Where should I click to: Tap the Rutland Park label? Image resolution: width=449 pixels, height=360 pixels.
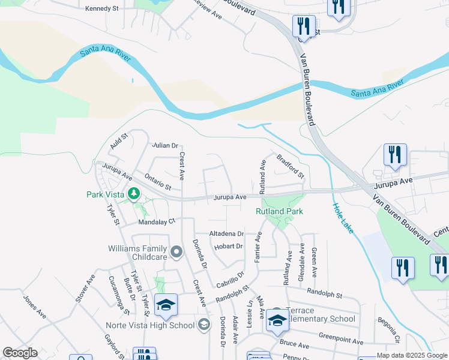[279, 211]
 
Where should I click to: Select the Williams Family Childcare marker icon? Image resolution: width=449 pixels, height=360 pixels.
[176, 252]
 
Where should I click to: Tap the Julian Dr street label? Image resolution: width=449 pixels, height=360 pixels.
[166, 145]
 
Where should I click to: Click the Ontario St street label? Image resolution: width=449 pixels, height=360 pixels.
[158, 182]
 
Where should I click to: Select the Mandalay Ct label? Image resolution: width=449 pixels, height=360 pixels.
[156, 221]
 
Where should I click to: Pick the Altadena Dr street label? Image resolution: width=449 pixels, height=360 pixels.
[226, 233]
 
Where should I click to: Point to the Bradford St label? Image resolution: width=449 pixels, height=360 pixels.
[291, 166]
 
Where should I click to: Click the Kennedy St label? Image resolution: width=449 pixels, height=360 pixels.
[103, 8]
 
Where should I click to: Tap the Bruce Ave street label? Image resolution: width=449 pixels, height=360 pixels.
[294, 346]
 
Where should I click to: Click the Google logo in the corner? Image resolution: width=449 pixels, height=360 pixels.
[20, 353]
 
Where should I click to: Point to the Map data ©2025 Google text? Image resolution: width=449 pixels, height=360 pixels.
[412, 355]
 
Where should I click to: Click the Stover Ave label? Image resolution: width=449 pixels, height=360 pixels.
[85, 289]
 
